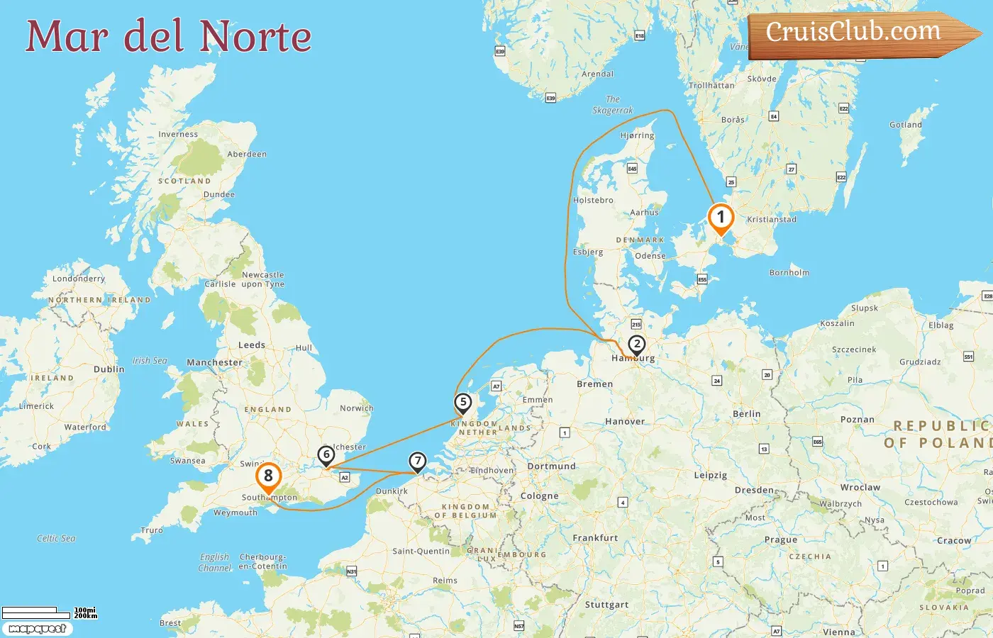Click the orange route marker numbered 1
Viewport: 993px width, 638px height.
[x=721, y=218]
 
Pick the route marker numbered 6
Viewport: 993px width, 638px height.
[x=326, y=455]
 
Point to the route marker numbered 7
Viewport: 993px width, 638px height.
[x=418, y=461]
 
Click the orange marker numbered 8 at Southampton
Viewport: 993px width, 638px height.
[x=268, y=476]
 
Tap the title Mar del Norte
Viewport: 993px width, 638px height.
[x=169, y=37]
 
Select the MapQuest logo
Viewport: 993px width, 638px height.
[x=37, y=628]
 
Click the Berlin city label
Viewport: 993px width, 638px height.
[x=746, y=414]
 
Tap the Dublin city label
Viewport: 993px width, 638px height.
[x=109, y=369]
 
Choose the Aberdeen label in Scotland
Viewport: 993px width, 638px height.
[x=247, y=154]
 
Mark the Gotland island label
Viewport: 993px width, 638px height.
[x=906, y=125]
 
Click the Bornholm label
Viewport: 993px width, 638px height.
[x=789, y=272]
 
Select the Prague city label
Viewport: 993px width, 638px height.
[x=780, y=539]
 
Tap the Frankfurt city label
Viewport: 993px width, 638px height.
[x=595, y=538]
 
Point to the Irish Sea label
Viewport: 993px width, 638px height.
[x=150, y=361]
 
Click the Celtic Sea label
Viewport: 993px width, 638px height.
[x=56, y=539]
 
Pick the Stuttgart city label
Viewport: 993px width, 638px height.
[x=606, y=605]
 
